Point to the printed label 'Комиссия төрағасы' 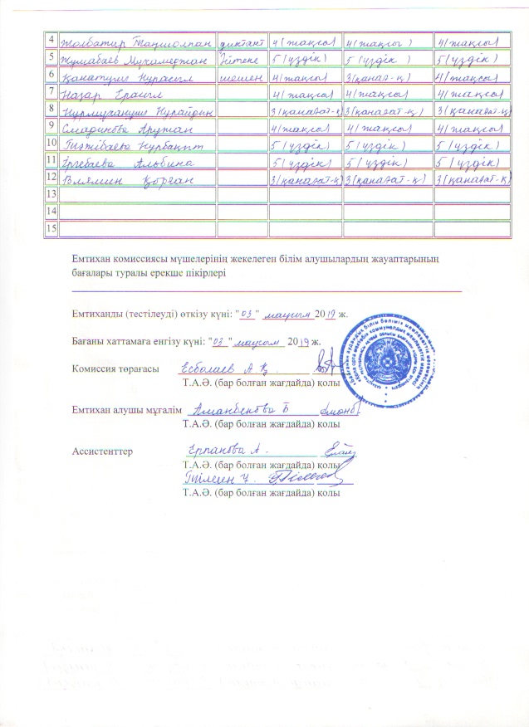pyautogui.click(x=115, y=370)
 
